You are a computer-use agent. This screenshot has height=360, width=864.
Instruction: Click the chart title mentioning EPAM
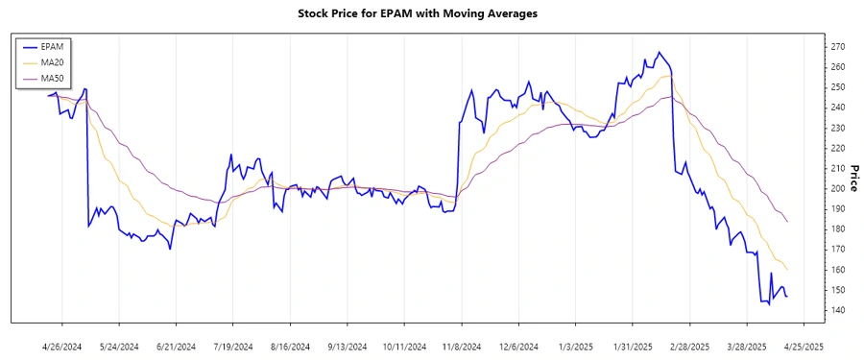[431, 13]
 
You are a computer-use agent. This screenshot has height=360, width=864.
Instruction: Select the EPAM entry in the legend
[53, 46]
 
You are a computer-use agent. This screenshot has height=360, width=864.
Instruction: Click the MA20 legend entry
[54, 61]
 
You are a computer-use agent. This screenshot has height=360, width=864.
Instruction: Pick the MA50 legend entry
[54, 77]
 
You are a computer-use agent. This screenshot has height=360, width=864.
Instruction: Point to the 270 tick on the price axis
[838, 46]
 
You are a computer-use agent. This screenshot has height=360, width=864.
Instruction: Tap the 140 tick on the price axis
[838, 310]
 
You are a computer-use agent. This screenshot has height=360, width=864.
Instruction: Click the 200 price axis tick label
[838, 188]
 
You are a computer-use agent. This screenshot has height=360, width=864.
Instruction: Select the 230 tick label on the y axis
[838, 128]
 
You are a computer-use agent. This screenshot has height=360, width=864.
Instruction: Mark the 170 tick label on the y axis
[838, 250]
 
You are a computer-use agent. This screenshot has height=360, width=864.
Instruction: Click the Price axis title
[853, 178]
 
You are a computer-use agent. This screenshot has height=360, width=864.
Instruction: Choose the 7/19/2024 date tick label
[232, 346]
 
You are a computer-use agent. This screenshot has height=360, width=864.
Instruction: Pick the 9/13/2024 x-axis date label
[346, 346]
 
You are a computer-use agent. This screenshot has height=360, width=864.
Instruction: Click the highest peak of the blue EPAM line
[659, 52]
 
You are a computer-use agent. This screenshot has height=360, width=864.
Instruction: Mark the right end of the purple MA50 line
[787, 222]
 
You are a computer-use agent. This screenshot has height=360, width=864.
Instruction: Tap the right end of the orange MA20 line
[787, 269]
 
